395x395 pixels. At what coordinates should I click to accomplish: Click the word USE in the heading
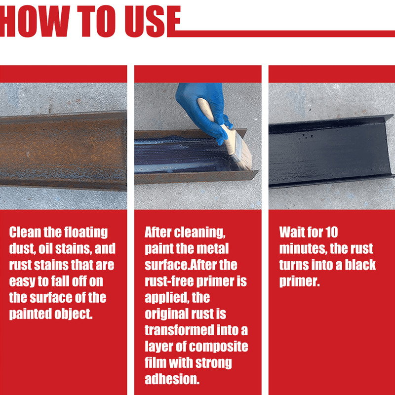pyautogui.click(x=153, y=21)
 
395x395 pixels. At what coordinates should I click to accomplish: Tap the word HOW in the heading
pyautogui.click(x=35, y=21)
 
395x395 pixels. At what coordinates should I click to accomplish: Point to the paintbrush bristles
pyautogui.click(x=242, y=154)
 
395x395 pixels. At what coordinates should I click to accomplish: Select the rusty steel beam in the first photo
pyautogui.click(x=63, y=150)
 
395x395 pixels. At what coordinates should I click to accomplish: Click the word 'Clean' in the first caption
pyautogui.click(x=25, y=233)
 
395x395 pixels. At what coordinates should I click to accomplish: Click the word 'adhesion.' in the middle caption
pyautogui.click(x=172, y=379)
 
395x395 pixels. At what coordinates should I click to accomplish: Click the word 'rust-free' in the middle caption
pyautogui.click(x=169, y=281)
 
